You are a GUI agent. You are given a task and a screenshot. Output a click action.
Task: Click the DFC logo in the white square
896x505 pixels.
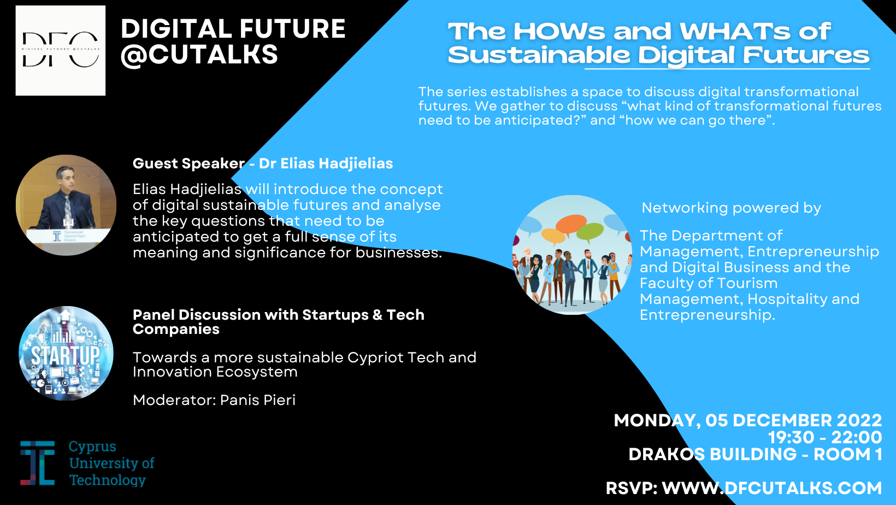[x=61, y=50]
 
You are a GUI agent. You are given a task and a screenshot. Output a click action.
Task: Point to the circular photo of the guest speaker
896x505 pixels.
[x=66, y=205]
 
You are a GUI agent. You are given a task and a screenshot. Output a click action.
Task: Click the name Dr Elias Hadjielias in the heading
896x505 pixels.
[x=326, y=163]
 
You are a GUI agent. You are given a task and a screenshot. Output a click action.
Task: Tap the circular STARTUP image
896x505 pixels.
[x=66, y=354]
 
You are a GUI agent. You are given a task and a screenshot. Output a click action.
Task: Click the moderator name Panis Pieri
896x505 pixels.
[x=258, y=400]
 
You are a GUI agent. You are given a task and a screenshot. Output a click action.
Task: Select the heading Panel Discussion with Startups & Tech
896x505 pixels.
[x=279, y=315]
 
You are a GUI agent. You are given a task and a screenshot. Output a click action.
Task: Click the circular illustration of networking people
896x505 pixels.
[x=572, y=255]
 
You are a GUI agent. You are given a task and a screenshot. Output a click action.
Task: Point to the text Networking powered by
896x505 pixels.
[x=731, y=208]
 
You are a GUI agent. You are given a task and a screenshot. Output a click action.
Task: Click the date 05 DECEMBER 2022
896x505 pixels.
[x=794, y=421]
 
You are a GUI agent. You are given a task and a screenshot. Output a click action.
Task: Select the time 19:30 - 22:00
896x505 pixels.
[x=825, y=437]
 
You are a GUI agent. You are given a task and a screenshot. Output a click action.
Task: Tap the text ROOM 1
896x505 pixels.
[x=848, y=454]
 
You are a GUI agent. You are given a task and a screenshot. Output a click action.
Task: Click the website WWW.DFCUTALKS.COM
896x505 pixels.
[x=772, y=488]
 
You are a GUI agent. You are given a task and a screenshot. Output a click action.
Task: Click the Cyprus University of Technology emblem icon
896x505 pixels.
[x=38, y=463]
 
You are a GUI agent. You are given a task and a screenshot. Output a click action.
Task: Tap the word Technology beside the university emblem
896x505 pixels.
[x=107, y=480]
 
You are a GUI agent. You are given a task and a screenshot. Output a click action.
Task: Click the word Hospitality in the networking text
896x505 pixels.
[x=803, y=299]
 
